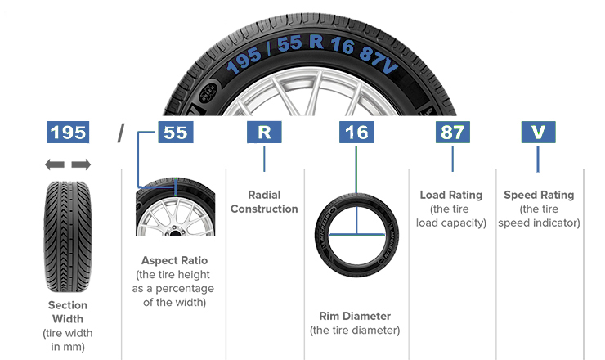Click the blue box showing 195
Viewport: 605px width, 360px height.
pos(69,132)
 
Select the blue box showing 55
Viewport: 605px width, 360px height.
pos(176,132)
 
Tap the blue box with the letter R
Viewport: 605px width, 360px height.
pos(264,132)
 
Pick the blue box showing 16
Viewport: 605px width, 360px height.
pos(356,132)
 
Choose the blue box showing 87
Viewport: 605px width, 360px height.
pos(452,132)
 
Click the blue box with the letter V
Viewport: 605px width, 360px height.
pos(537,132)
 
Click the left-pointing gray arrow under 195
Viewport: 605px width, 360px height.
pos(55,165)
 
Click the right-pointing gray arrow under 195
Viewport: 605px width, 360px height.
pos(81,165)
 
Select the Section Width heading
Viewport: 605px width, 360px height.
pos(68,312)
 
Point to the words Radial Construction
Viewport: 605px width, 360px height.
pos(264,202)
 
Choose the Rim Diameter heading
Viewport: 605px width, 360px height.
pos(355,316)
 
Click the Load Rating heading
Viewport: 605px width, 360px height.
pos(451,196)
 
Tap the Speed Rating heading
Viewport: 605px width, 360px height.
pos(539,196)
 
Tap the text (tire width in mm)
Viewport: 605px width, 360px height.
pos(68,340)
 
